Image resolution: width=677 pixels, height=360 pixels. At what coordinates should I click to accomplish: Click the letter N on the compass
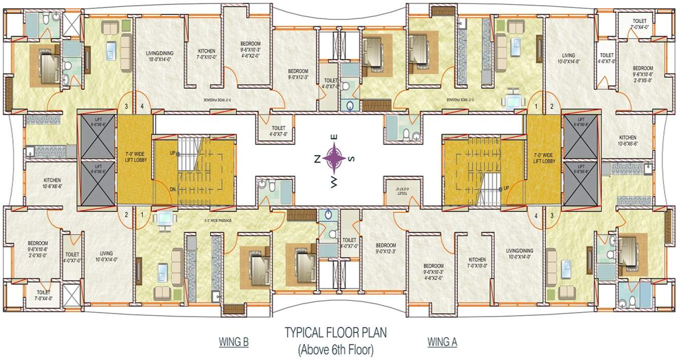pyautogui.click(x=316, y=159)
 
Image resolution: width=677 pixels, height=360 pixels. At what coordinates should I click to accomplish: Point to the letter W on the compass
pyautogui.click(x=334, y=183)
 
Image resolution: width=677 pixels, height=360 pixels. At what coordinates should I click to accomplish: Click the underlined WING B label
pyautogui.click(x=233, y=342)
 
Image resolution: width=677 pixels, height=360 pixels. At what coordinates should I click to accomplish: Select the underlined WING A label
pyautogui.click(x=442, y=342)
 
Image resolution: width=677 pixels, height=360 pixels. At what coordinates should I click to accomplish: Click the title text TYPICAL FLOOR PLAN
pyautogui.click(x=335, y=333)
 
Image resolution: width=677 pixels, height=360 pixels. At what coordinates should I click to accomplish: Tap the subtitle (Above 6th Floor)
pyautogui.click(x=335, y=349)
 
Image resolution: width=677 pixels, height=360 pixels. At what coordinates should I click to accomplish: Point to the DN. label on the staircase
pyautogui.click(x=173, y=189)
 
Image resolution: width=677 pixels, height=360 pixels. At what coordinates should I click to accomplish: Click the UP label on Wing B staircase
pyautogui.click(x=172, y=153)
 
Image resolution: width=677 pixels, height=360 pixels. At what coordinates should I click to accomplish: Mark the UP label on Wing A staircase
pyautogui.click(x=506, y=188)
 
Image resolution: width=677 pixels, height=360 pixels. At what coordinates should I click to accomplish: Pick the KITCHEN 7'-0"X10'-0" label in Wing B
pyautogui.click(x=206, y=54)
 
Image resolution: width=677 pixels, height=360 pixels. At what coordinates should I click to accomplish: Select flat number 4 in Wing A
pyautogui.click(x=536, y=215)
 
